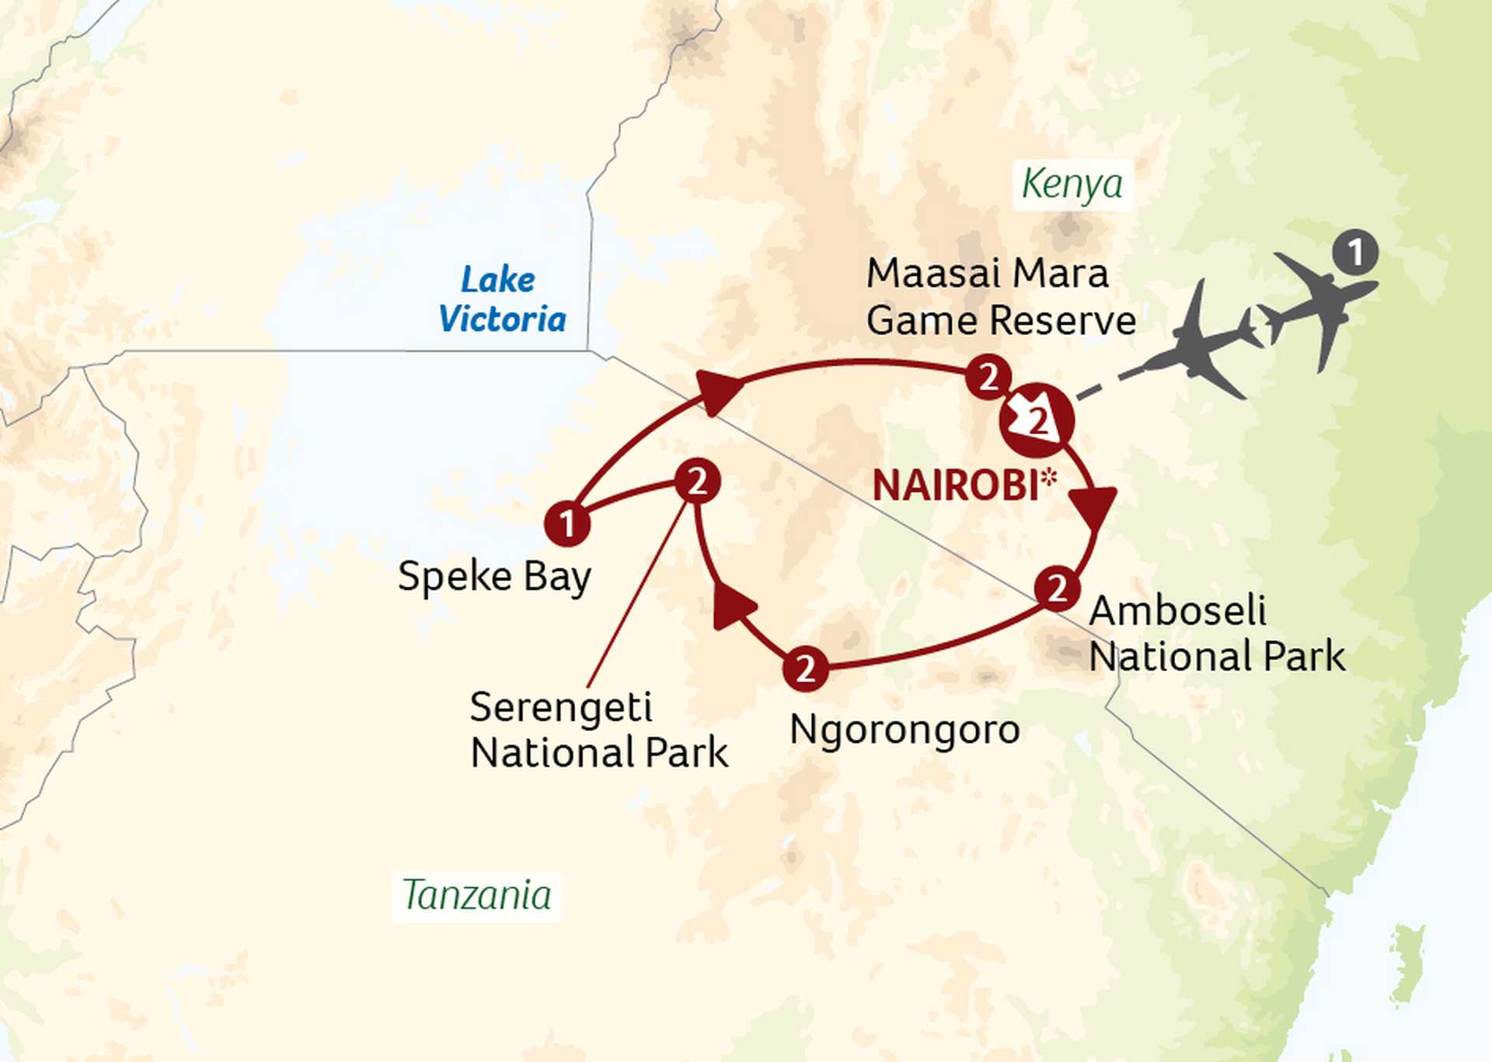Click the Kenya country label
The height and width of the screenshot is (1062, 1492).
[1072, 185]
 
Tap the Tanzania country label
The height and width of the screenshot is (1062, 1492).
[476, 895]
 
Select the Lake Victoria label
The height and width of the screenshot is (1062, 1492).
[501, 300]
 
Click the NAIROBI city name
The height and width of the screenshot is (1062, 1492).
[955, 486]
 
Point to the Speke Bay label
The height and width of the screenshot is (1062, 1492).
[494, 577]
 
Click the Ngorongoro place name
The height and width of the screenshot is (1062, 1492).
[905, 730]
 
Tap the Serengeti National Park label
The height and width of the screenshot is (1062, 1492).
[598, 730]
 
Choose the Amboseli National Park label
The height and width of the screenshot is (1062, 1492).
[1216, 633]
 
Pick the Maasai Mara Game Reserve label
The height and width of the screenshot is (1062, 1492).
[1000, 298]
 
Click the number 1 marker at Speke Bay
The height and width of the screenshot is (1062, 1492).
[567, 523]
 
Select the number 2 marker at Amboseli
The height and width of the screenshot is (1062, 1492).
[1057, 588]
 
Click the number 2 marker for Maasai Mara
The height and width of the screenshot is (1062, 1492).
[988, 378]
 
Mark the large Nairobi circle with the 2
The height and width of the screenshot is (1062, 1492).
[1037, 420]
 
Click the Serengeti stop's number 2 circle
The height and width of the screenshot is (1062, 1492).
[697, 482]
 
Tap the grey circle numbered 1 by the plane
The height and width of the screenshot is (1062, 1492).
[1355, 252]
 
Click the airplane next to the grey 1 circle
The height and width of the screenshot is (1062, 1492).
[1321, 305]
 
